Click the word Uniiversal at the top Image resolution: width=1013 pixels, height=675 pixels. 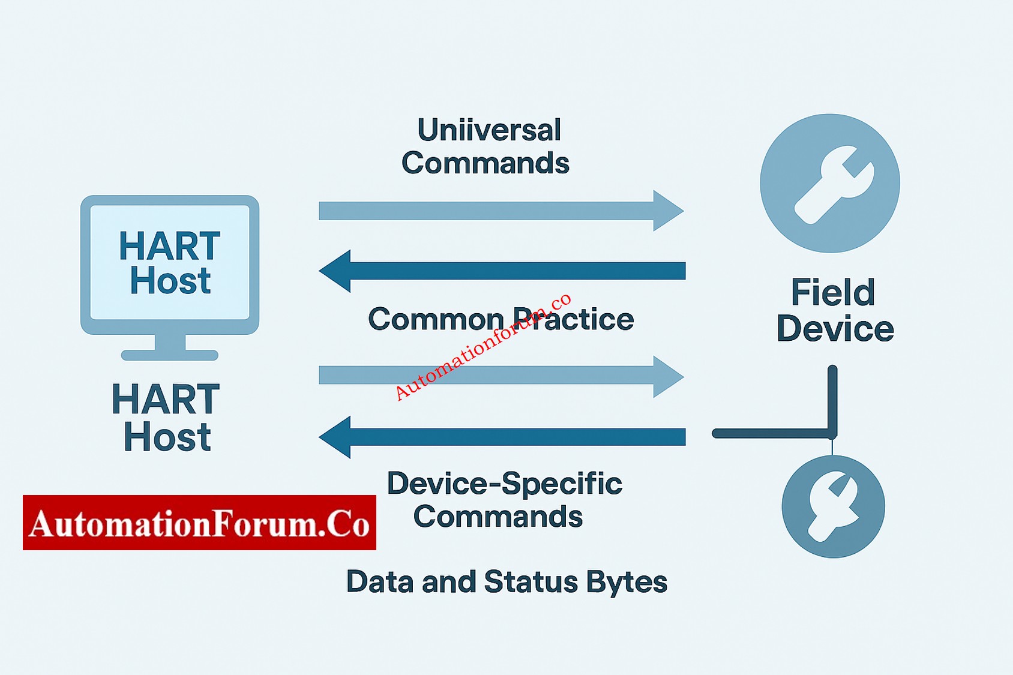pos(489,130)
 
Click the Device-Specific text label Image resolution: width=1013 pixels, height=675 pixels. pos(504,484)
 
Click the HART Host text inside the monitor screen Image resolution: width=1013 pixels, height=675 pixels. pos(170,263)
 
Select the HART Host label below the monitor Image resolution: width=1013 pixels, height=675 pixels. pos(166,418)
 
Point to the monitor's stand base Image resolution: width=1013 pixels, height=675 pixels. pos(170,355)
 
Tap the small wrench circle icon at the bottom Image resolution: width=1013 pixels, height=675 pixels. pos(833,506)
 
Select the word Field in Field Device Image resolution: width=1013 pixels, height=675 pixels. pos(833,293)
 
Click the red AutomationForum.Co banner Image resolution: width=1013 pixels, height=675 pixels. pos(199,523)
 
